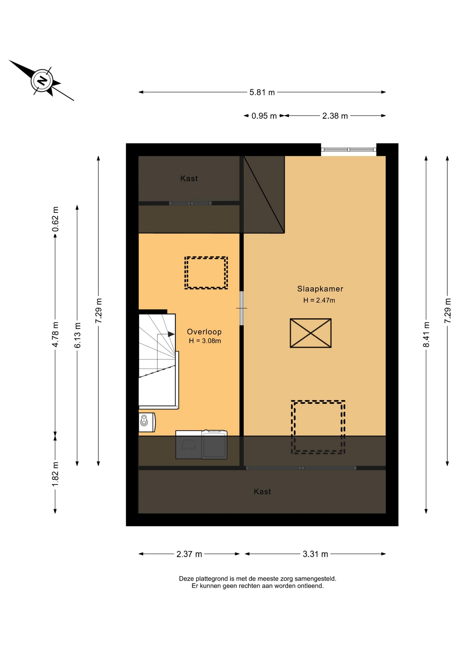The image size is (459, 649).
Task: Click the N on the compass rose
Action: [42, 81]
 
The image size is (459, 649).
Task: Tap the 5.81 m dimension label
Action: [262, 92]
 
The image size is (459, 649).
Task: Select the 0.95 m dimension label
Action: [264, 116]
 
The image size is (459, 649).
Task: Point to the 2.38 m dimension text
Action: [335, 116]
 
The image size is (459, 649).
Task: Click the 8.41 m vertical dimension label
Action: [426, 335]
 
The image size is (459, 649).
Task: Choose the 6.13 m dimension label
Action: [77, 335]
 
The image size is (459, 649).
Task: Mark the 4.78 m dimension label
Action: [55, 335]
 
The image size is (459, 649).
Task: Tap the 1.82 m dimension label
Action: [55, 474]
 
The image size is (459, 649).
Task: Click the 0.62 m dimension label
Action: [55, 219]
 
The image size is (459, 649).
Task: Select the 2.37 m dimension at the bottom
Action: [189, 554]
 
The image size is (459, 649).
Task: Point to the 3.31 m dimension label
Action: [315, 554]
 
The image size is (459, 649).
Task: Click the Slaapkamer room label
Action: [320, 289]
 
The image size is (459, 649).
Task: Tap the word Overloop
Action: [204, 332]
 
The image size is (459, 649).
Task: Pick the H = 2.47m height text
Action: [319, 300]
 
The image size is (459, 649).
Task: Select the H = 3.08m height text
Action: [205, 341]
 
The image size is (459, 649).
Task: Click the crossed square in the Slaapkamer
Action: [311, 333]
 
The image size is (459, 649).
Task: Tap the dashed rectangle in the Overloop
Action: [206, 273]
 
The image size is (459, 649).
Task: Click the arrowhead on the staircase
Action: [171, 334]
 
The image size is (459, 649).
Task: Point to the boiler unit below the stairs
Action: [147, 422]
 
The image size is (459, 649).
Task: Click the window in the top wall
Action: [348, 149]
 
